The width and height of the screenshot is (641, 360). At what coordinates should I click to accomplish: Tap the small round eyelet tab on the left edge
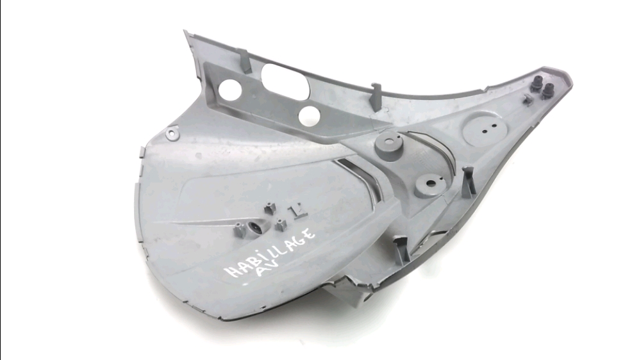(172, 134)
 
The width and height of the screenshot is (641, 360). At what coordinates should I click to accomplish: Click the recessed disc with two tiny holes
(486, 129)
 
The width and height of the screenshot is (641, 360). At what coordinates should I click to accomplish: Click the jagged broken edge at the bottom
(351, 282)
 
